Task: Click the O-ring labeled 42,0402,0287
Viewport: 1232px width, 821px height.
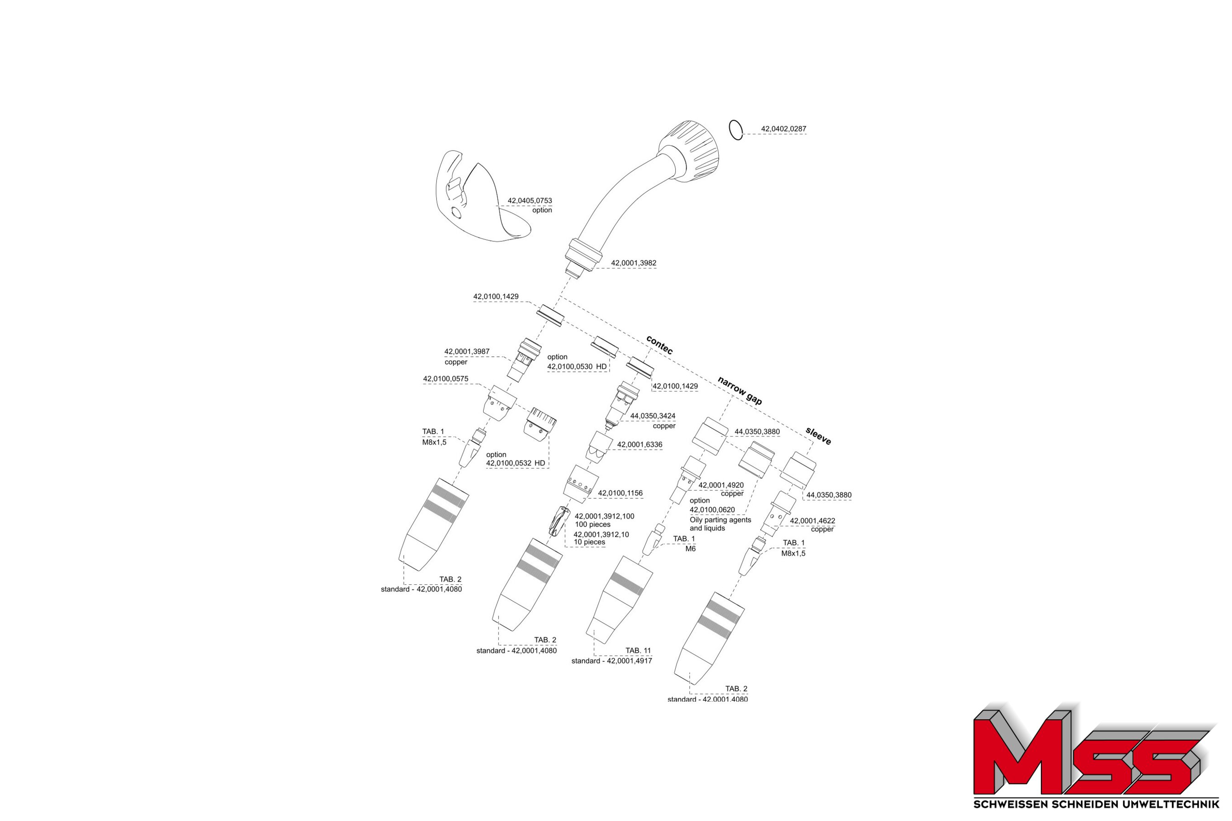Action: (x=736, y=130)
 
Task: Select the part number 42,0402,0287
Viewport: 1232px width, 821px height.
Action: (x=783, y=129)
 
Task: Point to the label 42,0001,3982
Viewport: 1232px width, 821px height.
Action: (x=633, y=263)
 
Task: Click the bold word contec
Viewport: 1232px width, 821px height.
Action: (x=659, y=344)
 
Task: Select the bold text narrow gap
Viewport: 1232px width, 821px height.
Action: (x=739, y=390)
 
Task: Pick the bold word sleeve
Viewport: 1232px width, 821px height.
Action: (x=818, y=436)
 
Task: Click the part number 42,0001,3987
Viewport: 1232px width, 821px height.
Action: (x=467, y=352)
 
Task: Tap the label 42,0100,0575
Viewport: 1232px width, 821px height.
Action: (x=445, y=379)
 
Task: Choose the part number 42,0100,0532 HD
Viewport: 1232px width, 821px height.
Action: (x=516, y=463)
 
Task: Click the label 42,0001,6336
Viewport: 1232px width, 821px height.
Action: (x=639, y=445)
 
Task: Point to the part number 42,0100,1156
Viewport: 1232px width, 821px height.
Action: (x=620, y=493)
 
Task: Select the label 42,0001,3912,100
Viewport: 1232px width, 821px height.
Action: (x=604, y=516)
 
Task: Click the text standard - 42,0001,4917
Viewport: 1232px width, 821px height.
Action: (x=611, y=661)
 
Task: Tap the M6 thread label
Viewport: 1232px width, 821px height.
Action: (x=690, y=549)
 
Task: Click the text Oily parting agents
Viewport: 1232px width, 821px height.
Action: (x=720, y=520)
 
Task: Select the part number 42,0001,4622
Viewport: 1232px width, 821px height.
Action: (x=812, y=521)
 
